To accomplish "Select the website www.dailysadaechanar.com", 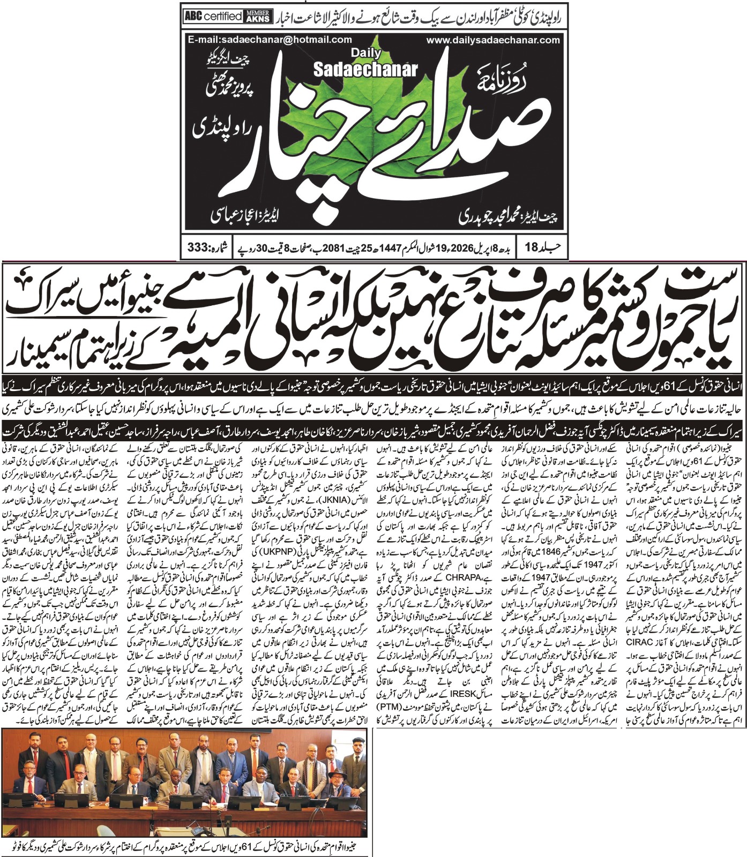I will coord(493,40).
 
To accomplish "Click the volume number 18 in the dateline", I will coord(531,248).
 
